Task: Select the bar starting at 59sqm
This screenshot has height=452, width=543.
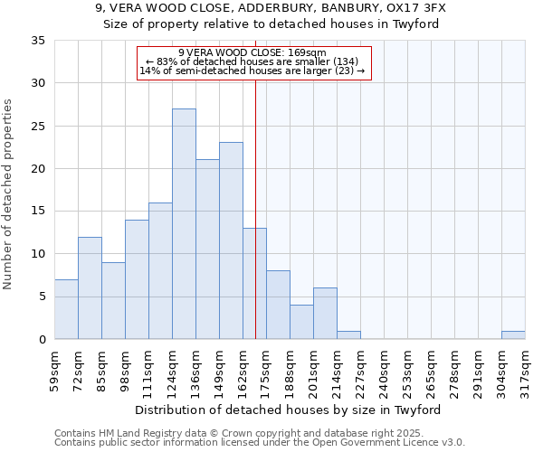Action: tap(66, 309)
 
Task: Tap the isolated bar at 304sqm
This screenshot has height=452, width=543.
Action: tap(513, 334)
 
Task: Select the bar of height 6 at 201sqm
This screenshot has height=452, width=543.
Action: tap(325, 313)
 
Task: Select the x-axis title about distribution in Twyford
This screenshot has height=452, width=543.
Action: tap(293, 410)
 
